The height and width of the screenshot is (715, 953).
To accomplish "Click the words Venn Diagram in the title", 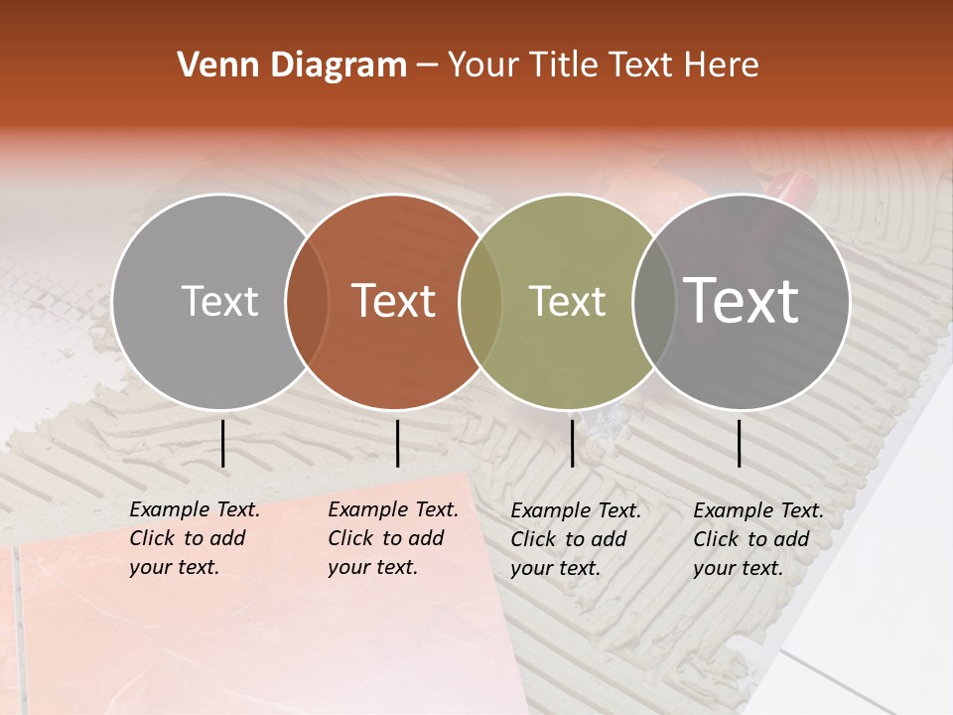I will [x=291, y=66].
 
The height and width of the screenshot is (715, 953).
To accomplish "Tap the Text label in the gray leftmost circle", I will [x=219, y=301].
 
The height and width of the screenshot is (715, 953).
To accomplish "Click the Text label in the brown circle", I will [x=393, y=301].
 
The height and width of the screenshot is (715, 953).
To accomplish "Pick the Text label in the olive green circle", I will [x=567, y=301].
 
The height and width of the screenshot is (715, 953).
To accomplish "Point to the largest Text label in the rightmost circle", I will [x=741, y=300].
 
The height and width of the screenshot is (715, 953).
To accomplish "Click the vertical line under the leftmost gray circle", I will [x=222, y=443].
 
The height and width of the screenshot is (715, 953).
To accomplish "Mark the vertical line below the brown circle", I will [x=397, y=443].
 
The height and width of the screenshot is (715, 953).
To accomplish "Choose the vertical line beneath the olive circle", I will [x=572, y=443].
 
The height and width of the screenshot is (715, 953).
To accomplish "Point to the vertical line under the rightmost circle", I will [x=740, y=443].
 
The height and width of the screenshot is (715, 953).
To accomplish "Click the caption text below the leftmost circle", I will [x=194, y=538].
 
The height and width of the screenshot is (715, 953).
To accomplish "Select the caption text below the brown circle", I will [x=392, y=538].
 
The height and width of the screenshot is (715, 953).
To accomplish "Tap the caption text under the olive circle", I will [x=575, y=539].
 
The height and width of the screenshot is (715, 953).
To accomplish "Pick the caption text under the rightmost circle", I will [x=757, y=539].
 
